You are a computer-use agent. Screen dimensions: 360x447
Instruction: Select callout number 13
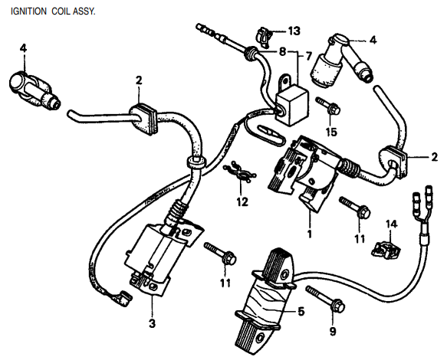pos(294,31)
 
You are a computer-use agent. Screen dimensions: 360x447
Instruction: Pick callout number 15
pos(330,132)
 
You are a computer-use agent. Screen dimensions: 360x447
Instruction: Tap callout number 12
pos(242,203)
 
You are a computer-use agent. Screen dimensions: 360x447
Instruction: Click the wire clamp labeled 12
pos(240,173)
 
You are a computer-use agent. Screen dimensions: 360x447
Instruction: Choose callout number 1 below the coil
pos(309,232)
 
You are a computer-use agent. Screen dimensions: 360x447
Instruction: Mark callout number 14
pos(391,223)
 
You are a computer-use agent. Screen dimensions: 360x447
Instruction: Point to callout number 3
pos(152,325)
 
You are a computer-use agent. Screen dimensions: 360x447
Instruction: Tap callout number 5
pos(301,313)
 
